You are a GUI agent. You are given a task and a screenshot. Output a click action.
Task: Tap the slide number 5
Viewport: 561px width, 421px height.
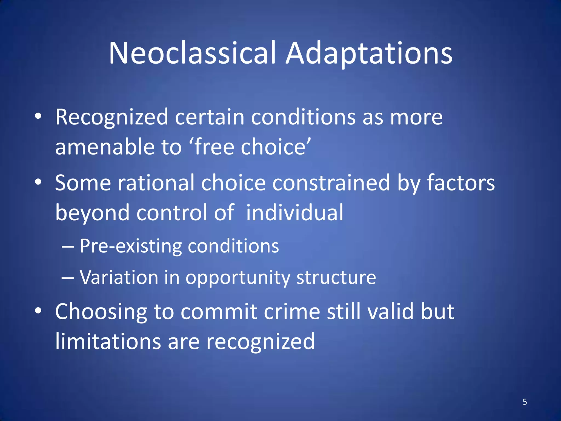525,402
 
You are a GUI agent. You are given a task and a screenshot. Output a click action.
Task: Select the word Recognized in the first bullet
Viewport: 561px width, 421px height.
111,117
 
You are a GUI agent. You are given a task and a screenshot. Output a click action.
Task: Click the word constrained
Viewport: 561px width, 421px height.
331,183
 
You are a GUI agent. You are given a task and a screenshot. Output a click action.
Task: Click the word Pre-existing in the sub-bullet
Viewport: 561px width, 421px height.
131,246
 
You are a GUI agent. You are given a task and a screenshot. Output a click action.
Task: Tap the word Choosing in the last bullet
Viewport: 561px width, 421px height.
101,312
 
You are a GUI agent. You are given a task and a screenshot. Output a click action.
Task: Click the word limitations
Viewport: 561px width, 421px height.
108,342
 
